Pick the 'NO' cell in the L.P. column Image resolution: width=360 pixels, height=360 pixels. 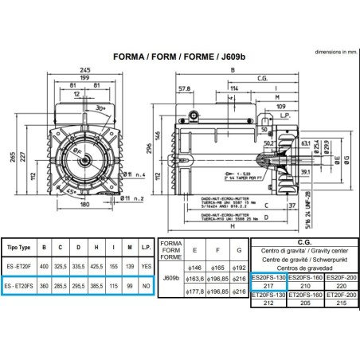[x=144, y=284]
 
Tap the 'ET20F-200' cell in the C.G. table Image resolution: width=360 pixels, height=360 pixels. [x=335, y=295]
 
